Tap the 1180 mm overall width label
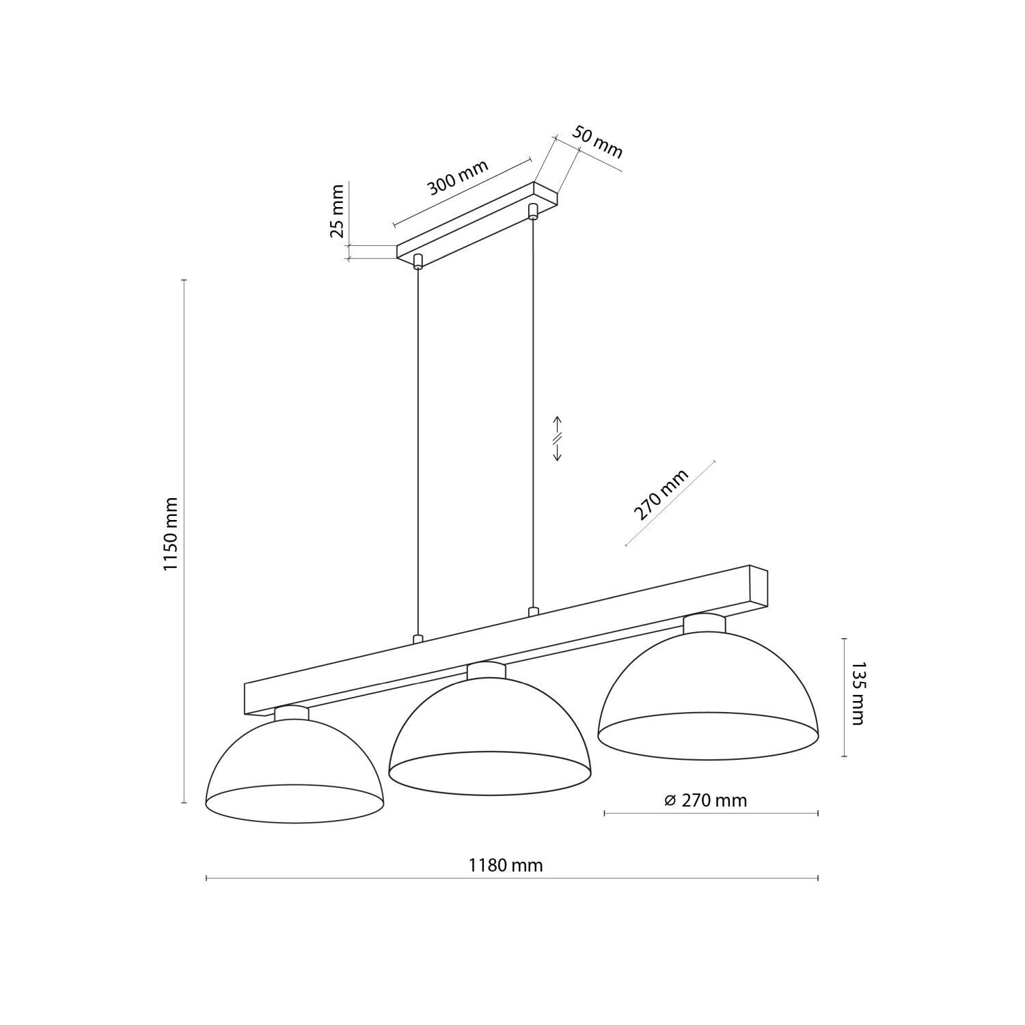tap(506, 866)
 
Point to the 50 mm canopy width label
tap(597, 143)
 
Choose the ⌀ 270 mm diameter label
tap(707, 800)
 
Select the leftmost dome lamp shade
tap(294, 769)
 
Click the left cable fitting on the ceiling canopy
tap(418, 261)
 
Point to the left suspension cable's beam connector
tap(418, 640)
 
